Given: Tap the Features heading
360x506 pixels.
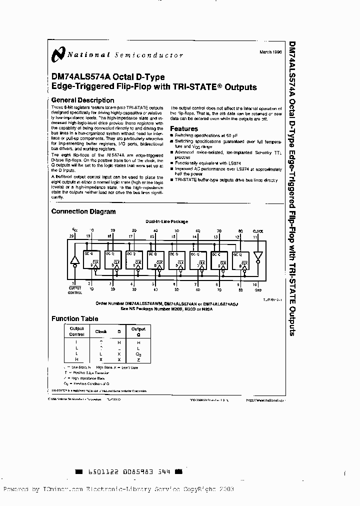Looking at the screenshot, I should click(x=184, y=128).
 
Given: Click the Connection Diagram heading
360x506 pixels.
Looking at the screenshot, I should click(x=83, y=211).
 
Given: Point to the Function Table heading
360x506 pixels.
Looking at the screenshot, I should click(x=75, y=318).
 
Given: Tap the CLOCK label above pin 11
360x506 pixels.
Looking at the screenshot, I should click(x=258, y=231).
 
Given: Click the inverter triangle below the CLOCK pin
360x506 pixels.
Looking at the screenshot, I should click(x=257, y=255).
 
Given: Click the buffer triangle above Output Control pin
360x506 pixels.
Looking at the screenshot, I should click(x=75, y=259).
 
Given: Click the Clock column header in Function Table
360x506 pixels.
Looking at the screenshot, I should click(x=101, y=331).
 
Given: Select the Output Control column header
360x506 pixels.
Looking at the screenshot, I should click(x=76, y=331).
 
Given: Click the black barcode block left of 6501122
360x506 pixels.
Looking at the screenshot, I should click(x=78, y=471).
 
